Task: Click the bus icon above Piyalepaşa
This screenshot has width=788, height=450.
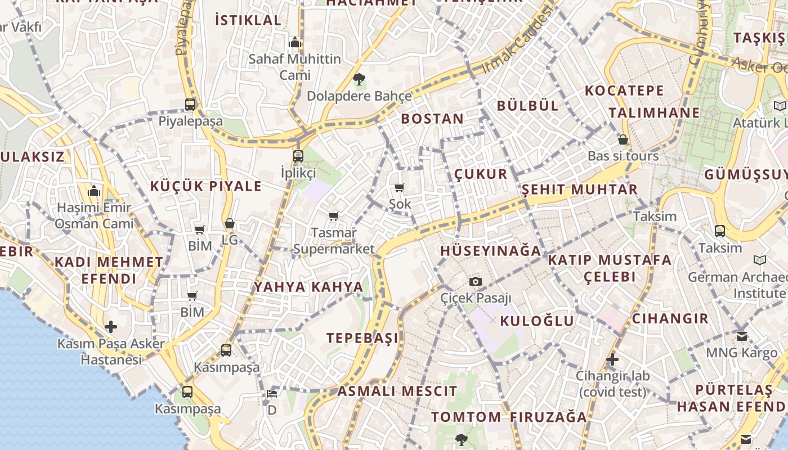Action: (x=190, y=105)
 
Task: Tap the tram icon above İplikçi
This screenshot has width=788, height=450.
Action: (x=298, y=156)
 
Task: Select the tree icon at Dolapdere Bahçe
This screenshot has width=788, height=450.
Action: (x=359, y=79)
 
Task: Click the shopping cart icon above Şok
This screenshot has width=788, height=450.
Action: (x=400, y=187)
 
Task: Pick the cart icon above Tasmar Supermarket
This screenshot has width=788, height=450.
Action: (x=334, y=216)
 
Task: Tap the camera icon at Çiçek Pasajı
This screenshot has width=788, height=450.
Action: (x=476, y=281)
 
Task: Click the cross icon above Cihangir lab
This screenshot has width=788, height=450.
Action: (x=612, y=359)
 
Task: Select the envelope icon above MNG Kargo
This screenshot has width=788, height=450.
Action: (x=742, y=336)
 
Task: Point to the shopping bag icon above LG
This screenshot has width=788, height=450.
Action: (x=230, y=223)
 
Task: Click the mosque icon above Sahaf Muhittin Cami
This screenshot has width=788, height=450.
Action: (x=295, y=42)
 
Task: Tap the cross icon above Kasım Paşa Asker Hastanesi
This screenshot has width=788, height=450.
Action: (x=111, y=327)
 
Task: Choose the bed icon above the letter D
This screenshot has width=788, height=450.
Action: (x=272, y=393)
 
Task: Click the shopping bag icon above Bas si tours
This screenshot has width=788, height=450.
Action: (x=623, y=139)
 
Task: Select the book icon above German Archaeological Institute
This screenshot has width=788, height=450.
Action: (x=760, y=260)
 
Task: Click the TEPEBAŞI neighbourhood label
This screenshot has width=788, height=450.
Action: (x=362, y=338)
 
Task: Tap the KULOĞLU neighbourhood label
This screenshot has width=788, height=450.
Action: (x=537, y=321)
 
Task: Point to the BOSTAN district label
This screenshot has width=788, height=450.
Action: (x=432, y=119)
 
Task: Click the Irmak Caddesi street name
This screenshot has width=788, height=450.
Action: (x=515, y=44)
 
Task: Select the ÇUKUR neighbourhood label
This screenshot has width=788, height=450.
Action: (x=481, y=174)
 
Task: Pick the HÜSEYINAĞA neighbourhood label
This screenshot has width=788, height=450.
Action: (x=490, y=251)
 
